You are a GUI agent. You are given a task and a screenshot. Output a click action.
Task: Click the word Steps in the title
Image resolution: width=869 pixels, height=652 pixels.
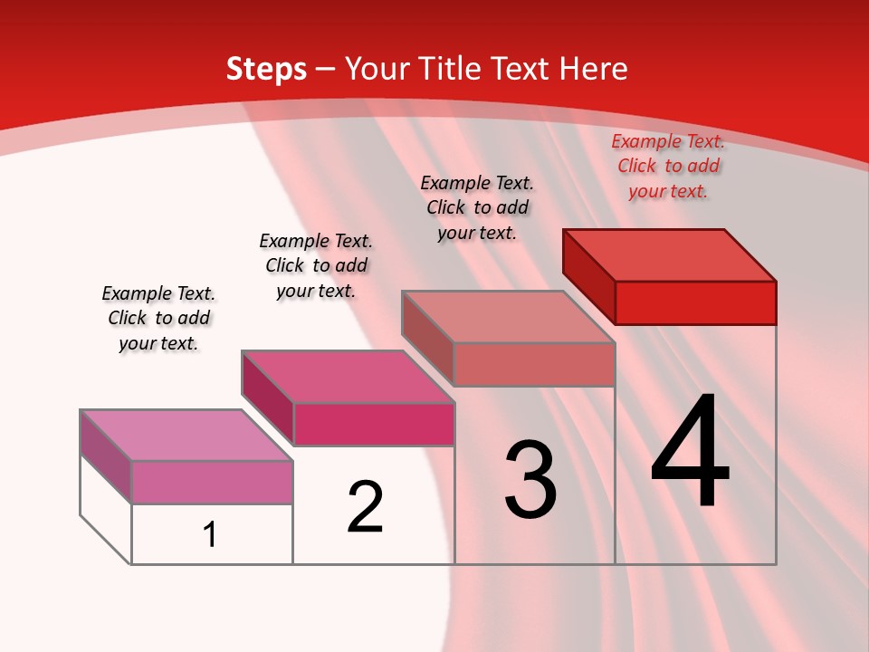(x=266, y=69)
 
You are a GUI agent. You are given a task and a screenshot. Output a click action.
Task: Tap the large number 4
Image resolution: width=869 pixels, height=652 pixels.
(x=691, y=452)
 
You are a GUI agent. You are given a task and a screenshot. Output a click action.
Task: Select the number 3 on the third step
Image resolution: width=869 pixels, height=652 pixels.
(x=530, y=480)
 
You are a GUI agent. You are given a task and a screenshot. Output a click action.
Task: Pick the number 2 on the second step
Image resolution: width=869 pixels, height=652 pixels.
(x=366, y=507)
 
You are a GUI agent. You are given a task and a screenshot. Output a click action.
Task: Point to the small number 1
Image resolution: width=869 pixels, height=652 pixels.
(x=210, y=534)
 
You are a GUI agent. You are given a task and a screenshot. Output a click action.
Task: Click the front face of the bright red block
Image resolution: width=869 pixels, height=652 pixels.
(x=695, y=302)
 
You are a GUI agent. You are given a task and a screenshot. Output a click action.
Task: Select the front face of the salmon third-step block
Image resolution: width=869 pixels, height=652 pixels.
(x=534, y=364)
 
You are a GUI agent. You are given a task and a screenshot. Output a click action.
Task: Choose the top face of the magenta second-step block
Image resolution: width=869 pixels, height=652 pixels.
(x=347, y=376)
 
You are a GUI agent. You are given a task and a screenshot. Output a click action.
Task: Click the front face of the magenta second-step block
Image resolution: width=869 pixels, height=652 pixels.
(x=374, y=424)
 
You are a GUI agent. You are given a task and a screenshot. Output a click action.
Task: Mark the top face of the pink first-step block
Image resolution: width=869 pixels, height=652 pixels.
(x=186, y=435)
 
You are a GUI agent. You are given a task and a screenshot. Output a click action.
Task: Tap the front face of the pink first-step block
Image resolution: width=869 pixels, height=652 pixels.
(x=212, y=482)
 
